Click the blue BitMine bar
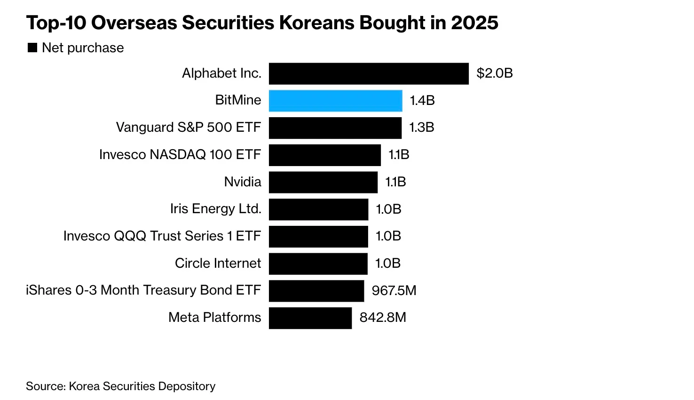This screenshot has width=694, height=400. coord(335,101)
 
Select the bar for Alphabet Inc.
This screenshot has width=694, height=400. coord(369,74)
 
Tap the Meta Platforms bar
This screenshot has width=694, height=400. coord(310,318)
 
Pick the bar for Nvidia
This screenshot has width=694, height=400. coord(323,182)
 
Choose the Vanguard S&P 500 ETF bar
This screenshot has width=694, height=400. coord(335,128)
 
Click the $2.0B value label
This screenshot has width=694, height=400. coord(494,73)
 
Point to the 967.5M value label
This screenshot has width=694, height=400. coord(394,290)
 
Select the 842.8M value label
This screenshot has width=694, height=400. coord(383,318)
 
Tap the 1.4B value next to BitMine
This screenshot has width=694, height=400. coord(422,101)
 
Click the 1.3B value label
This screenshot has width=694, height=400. coord(421,128)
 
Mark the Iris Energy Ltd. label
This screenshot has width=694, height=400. coord(215,209)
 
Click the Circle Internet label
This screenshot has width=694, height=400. coord(218,263)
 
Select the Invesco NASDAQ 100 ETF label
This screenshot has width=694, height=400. coord(180,155)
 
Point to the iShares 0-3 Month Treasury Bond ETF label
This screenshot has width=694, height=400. coord(143,290)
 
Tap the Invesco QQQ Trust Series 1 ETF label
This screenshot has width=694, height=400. coord(162,236)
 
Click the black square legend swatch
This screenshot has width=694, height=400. coord(32,48)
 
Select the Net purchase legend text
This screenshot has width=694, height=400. coord(83,48)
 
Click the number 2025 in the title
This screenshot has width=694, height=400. coord(474,23)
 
